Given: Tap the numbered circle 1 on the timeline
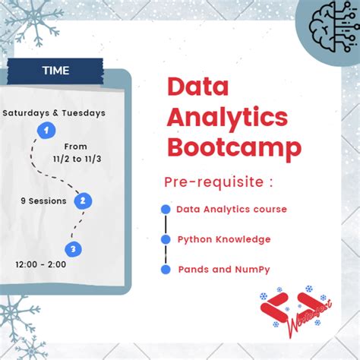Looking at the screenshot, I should click(x=48, y=131).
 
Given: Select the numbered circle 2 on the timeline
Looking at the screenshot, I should click(x=84, y=201).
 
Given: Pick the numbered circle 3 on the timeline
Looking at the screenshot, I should click(x=73, y=248).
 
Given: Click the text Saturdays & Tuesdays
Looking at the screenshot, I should click(x=54, y=113).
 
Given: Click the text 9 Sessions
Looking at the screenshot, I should click(x=43, y=201).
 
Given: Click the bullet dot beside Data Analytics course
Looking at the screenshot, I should click(x=166, y=210).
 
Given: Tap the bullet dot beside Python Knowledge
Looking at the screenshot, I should click(x=166, y=239).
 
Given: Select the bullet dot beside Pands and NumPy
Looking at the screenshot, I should click(x=166, y=270).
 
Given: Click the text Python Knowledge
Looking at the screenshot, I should click(x=224, y=239).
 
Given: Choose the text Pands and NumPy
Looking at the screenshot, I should click(x=223, y=270).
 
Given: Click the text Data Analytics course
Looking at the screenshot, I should click(x=232, y=209).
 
